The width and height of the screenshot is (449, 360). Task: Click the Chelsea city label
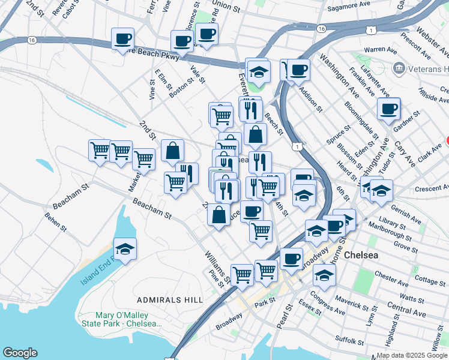coord(361,255)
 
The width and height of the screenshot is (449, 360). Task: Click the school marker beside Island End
coord(125,249)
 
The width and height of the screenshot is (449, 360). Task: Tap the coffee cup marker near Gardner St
coord(388,109)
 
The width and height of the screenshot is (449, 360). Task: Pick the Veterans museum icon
coord(399,69)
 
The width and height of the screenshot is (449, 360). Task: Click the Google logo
coord(20,353)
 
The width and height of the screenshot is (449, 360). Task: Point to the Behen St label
coord(55,222)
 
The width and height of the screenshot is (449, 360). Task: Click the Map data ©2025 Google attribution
coord(412,355)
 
